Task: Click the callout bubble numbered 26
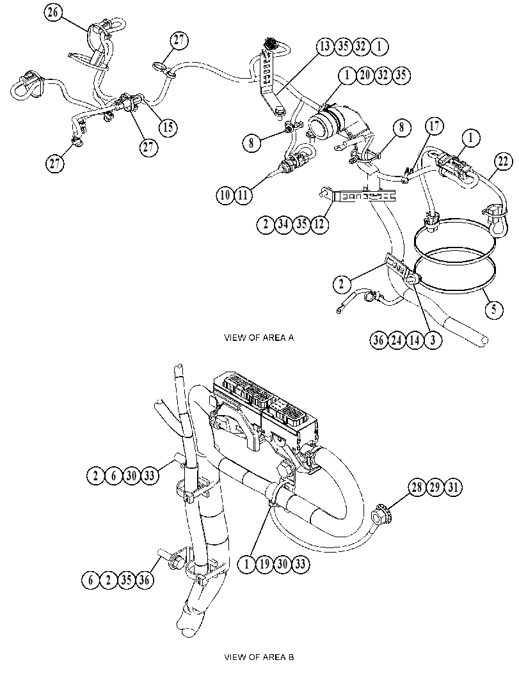52,12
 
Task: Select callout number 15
168,127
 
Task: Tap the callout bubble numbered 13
325,46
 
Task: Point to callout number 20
365,75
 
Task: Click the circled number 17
435,127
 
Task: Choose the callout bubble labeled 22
503,162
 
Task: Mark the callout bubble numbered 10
225,195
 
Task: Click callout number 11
243,195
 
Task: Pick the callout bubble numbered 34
283,224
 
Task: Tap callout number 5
494,309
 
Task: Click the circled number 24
396,340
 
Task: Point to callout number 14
414,340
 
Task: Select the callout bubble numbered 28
417,487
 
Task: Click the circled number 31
453,487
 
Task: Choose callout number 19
264,564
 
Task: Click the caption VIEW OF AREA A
259,338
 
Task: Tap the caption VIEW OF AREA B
259,657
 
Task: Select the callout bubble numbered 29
435,487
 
